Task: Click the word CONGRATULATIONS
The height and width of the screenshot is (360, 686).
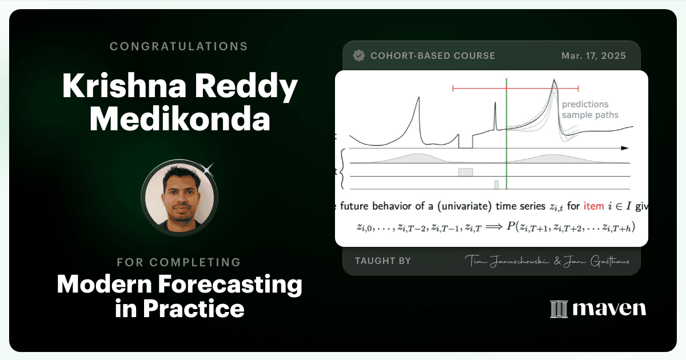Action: [x=178, y=46]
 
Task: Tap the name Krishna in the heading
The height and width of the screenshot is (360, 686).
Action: [x=125, y=85]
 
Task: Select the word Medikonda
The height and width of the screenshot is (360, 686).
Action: [x=180, y=119]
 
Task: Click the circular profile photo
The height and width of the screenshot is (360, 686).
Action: [x=180, y=198]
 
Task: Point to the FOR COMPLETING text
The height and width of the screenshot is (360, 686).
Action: [x=179, y=262]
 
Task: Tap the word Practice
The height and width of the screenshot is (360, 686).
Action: [x=194, y=309]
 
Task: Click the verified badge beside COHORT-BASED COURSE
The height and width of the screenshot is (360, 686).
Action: [x=359, y=55]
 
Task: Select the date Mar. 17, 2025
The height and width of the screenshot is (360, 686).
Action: [x=593, y=56]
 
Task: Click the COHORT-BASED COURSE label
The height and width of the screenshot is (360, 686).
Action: [x=432, y=56]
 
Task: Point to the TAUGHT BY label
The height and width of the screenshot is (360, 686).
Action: [x=383, y=261]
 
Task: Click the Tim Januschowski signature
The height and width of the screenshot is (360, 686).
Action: [x=507, y=261]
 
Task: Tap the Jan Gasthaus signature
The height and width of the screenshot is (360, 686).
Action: [x=596, y=261]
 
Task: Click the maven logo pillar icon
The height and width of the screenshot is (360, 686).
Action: [x=559, y=309]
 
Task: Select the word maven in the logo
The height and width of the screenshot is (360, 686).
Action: [x=609, y=309]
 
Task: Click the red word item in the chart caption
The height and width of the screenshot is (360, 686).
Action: [x=593, y=206]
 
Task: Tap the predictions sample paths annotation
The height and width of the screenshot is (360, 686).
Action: [x=590, y=110]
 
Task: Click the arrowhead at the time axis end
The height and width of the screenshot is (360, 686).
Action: [x=625, y=148]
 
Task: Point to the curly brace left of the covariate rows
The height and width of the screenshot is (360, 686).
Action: [x=342, y=169]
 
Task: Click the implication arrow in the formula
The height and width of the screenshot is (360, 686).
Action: [x=494, y=227]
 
